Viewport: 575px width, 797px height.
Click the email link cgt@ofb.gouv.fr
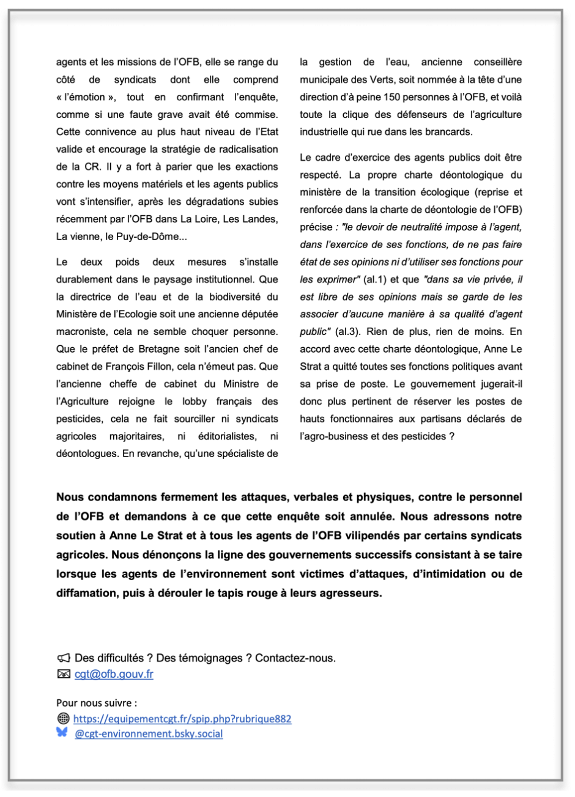[x=114, y=674]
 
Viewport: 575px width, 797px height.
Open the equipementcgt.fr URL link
[x=182, y=719]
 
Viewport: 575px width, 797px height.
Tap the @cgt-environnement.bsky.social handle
[x=149, y=733]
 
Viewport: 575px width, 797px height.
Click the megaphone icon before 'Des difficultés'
[x=63, y=658]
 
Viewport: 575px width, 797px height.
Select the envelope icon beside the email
[x=63, y=674]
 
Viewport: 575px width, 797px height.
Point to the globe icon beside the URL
[x=63, y=719]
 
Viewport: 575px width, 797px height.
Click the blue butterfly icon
[x=62, y=733]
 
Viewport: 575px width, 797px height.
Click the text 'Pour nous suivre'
[x=87, y=703]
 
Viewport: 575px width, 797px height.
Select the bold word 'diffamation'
[x=87, y=593]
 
